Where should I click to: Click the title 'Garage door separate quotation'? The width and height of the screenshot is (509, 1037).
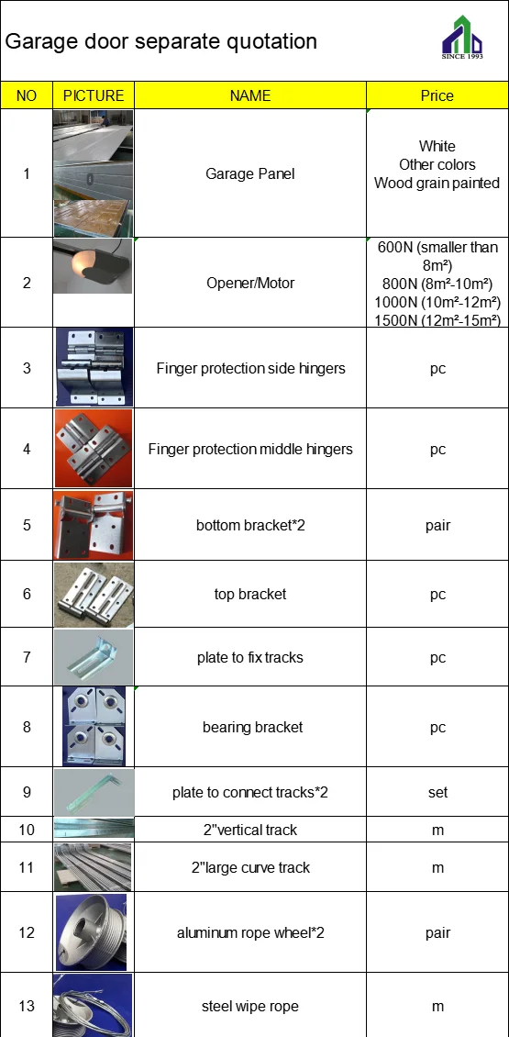161,41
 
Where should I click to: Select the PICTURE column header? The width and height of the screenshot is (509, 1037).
94,95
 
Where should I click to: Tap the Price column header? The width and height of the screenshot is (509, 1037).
437,95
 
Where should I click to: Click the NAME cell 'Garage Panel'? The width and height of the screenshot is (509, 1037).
249,173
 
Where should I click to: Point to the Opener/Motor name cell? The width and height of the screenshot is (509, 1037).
249,283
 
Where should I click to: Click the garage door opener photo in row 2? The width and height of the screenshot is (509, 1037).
93,266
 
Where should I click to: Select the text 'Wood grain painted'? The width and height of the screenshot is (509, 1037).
437,183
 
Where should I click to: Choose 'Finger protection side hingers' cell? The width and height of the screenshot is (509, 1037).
250,368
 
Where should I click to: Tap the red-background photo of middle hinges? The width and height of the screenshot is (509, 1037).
93,448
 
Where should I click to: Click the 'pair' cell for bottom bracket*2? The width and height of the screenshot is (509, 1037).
437,526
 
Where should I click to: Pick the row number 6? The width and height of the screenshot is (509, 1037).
27,594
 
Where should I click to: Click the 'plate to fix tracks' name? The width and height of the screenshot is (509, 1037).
249,657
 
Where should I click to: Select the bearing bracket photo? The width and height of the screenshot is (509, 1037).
93,726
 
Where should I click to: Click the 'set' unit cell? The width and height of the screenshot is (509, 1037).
437,792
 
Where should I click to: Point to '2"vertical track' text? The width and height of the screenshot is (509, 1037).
249,830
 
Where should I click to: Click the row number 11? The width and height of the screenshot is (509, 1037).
27,867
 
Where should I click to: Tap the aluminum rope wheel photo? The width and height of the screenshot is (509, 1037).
93,932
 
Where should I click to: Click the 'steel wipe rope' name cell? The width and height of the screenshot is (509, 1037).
249,1007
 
